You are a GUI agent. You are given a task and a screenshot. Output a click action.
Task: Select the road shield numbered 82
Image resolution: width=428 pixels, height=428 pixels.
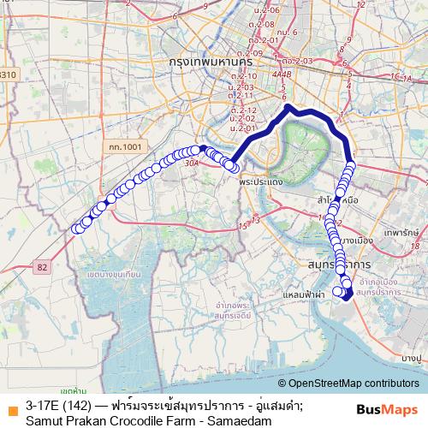(44, 268)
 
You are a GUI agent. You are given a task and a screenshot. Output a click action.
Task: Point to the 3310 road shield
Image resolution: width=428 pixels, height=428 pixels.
(8, 74)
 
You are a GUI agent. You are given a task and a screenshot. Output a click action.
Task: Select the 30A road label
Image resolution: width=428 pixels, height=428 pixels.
(191, 161)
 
